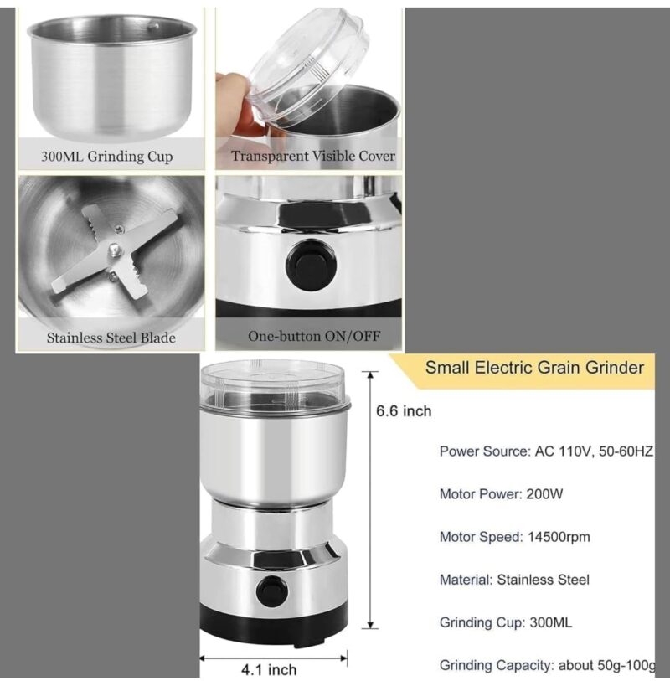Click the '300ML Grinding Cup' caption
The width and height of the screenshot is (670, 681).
[107, 157]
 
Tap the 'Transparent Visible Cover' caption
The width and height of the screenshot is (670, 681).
[313, 156]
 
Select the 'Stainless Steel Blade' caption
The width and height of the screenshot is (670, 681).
[111, 338]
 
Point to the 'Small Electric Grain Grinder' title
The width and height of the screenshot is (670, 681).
[534, 367]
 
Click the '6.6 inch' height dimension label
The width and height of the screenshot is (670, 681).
[404, 410]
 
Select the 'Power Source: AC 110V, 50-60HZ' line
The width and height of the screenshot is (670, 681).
[546, 451]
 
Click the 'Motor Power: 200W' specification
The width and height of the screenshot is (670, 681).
[502, 493]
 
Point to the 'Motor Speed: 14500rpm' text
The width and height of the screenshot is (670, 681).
[514, 536]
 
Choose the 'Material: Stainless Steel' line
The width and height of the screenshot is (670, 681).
[514, 579]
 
